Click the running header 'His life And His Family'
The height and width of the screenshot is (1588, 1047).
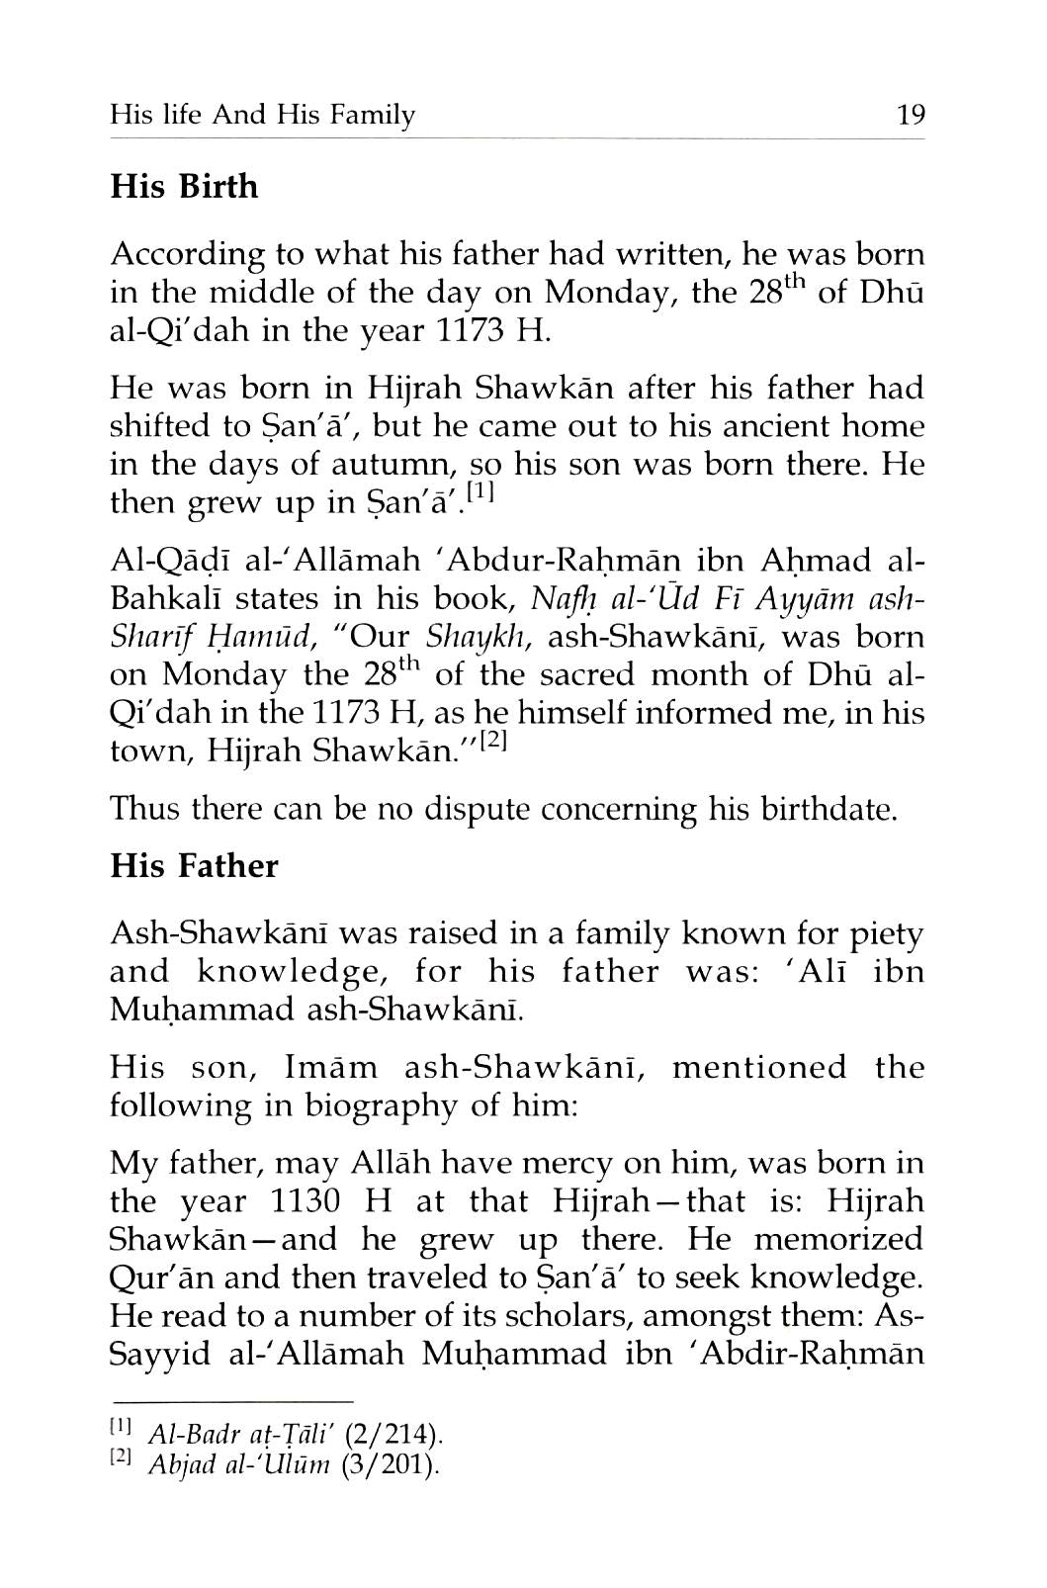pyautogui.click(x=262, y=116)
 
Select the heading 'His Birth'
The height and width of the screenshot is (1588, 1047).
pyautogui.click(x=184, y=186)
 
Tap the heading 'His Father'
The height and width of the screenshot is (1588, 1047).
pyautogui.click(x=194, y=865)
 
